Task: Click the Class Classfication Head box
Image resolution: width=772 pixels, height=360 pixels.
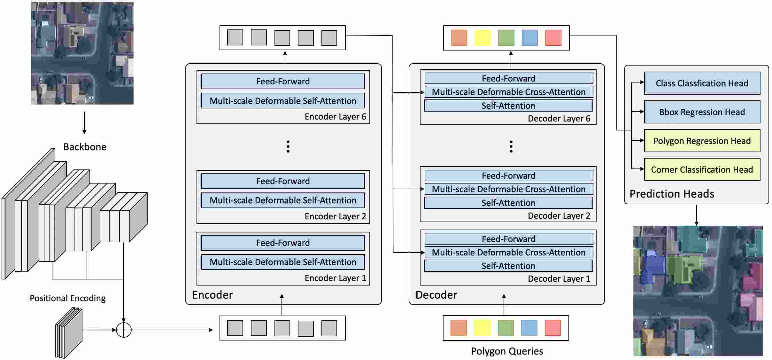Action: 702,83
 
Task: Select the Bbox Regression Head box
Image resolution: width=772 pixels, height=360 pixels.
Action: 702,112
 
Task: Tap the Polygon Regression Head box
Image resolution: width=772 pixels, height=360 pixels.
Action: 702,141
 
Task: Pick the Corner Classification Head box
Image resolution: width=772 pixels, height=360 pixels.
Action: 702,169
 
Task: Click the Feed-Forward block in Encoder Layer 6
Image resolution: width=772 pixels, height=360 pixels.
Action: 283,81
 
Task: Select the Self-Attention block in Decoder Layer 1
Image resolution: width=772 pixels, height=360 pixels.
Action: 508,266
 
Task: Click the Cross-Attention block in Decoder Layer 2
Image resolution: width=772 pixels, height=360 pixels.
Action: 508,189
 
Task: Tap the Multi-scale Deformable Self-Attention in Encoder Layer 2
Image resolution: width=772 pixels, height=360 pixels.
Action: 283,200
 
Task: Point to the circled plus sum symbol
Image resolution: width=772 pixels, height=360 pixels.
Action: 124,330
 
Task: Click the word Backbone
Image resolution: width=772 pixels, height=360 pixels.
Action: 85,147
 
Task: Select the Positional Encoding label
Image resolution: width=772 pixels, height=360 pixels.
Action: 67,298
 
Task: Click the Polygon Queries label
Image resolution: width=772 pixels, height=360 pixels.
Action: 507,351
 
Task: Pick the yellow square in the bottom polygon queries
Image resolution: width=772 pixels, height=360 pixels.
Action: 482,328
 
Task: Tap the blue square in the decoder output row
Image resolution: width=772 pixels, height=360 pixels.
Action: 529,38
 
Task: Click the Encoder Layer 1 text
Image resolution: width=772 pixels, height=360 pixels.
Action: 335,278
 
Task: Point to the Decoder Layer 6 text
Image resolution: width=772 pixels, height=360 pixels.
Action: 559,118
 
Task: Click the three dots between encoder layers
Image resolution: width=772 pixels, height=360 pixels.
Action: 288,146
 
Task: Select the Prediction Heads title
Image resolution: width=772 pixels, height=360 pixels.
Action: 672,194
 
